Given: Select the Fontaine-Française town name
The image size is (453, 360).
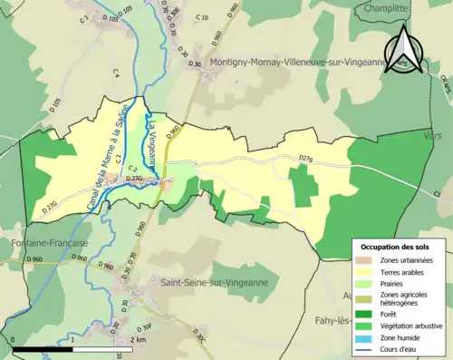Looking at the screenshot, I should click(44, 243).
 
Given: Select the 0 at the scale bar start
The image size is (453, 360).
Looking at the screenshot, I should click(14, 339).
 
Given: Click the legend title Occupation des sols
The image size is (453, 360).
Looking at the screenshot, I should click(396, 247).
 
